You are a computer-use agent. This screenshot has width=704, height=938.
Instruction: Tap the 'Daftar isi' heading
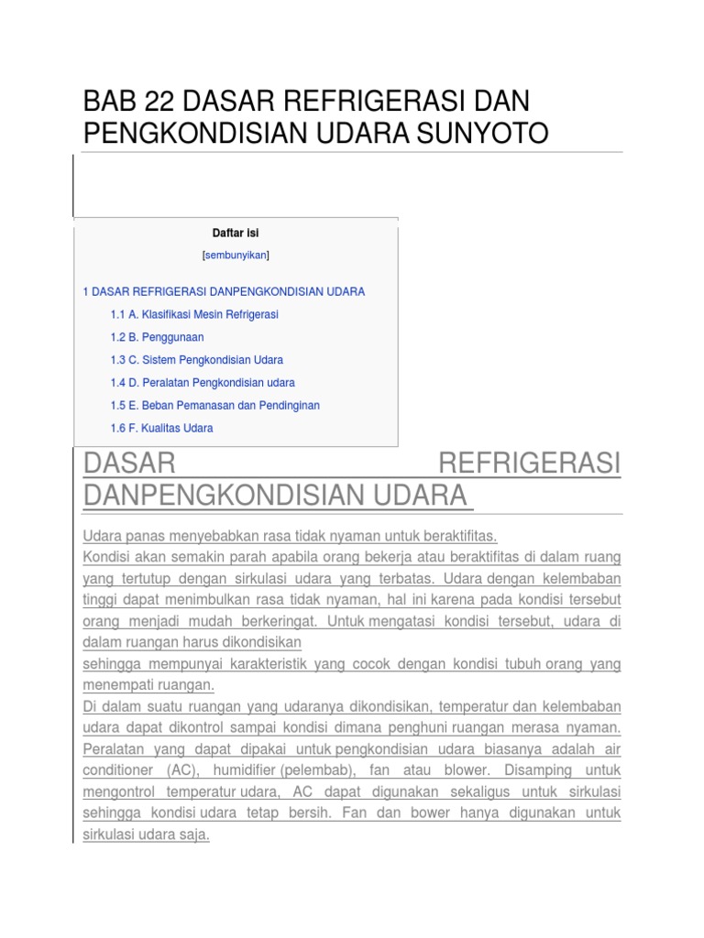click(236, 233)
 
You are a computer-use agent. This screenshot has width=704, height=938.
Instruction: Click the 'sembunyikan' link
click(236, 255)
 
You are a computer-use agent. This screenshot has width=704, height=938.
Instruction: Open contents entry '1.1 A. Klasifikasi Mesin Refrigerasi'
click(193, 314)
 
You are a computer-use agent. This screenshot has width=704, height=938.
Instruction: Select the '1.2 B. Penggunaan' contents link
click(157, 337)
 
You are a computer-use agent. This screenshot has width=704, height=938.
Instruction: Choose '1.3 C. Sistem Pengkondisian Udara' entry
click(196, 360)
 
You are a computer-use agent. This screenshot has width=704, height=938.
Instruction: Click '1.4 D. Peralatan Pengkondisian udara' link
click(202, 383)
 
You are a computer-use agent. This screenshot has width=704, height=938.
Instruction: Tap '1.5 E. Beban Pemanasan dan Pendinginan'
click(214, 405)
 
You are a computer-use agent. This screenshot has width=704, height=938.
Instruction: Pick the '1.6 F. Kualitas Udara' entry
click(161, 428)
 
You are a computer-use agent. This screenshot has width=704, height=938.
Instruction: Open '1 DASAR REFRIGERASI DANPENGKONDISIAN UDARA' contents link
click(224, 291)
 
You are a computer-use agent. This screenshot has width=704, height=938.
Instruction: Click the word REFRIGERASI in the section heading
click(529, 463)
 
